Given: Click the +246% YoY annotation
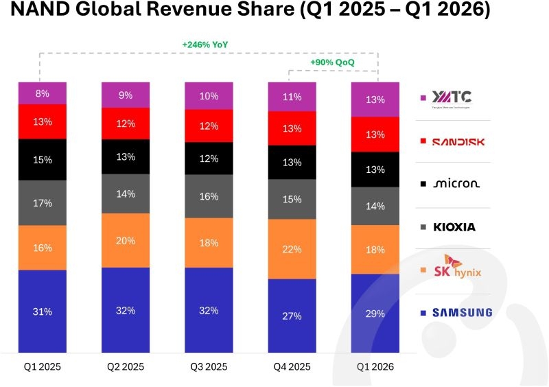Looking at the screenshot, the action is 205,45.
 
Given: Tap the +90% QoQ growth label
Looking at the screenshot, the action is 332,62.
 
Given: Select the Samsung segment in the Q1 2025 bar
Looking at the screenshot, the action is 43,312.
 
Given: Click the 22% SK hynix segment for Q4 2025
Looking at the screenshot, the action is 292,249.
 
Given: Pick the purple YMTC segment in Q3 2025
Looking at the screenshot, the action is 209,96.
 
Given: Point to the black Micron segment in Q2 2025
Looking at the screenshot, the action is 126,156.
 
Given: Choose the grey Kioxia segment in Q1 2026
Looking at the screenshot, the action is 375,206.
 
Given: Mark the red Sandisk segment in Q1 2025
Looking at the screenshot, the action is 43,121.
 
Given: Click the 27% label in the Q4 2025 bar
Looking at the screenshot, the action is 292,316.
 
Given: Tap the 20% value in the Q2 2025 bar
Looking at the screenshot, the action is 126,241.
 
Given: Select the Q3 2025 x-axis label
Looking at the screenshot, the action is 209,366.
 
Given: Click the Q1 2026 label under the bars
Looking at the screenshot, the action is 375,366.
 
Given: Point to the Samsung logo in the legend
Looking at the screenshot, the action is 462,312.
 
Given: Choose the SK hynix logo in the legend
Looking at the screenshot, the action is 458,267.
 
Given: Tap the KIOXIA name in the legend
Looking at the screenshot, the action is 454,227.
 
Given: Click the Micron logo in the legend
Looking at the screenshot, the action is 456,183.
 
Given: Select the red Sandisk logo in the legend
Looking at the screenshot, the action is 458,142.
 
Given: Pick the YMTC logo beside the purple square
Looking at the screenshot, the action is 452,99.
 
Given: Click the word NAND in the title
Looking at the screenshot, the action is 40,10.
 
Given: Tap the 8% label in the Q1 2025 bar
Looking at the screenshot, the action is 43,93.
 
